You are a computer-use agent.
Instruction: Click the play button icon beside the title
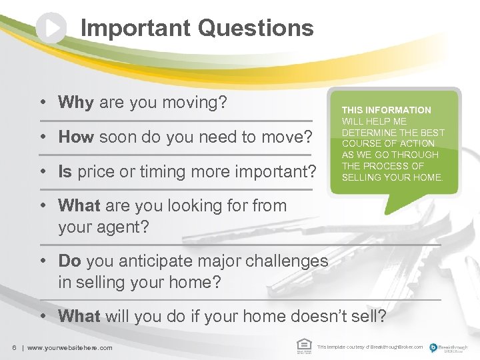pyautogui.click(x=51, y=28)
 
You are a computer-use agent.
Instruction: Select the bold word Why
pyautogui.click(x=76, y=103)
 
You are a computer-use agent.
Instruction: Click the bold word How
pyautogui.click(x=76, y=137)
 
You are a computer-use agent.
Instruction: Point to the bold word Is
pyautogui.click(x=65, y=172)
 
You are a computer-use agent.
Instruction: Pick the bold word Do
pyautogui.click(x=70, y=261)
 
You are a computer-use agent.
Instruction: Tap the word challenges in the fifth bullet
pyautogui.click(x=287, y=261)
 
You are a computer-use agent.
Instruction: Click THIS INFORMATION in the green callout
pyautogui.click(x=386, y=110)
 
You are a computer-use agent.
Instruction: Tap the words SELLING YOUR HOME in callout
pyautogui.click(x=392, y=177)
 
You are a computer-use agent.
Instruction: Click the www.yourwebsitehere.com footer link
pyautogui.click(x=70, y=347)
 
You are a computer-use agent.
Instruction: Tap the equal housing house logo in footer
pyautogui.click(x=303, y=345)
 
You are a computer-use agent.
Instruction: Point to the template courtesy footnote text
pyautogui.click(x=369, y=347)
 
